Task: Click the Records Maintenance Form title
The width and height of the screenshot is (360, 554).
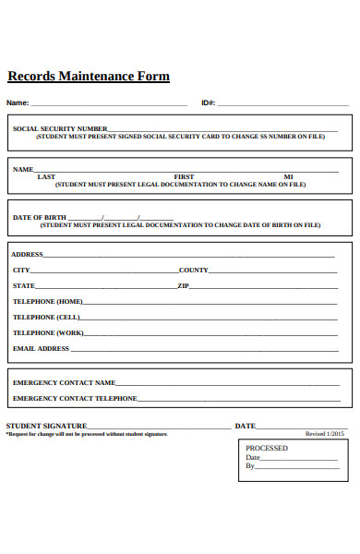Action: [x=89, y=77]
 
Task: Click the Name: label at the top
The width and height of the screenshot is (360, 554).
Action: [x=18, y=102]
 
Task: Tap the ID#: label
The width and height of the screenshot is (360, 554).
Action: [x=208, y=102]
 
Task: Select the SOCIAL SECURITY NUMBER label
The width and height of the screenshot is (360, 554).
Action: [x=60, y=129]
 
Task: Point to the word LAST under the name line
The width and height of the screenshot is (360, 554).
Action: [x=46, y=176]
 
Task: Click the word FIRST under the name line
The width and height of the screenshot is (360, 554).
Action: [x=184, y=176]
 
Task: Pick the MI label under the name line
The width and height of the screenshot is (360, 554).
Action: [x=288, y=176]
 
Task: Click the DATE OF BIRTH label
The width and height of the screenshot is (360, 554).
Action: [x=40, y=218]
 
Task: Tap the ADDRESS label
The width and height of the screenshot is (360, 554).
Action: [x=27, y=254]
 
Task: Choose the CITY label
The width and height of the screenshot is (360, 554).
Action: [x=20, y=271]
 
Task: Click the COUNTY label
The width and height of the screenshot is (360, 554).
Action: [x=193, y=271]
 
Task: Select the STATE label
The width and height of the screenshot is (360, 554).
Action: [x=23, y=286]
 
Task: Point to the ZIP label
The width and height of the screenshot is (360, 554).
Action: [x=183, y=286]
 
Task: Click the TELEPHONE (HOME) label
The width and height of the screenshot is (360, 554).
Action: [x=47, y=302]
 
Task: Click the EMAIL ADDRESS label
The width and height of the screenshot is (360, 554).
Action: [x=41, y=349]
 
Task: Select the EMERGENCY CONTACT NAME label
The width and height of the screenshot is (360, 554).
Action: [x=64, y=382]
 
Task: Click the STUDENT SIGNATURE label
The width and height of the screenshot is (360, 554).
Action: [x=46, y=426]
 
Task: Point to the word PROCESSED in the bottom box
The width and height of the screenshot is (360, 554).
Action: [x=266, y=448]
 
